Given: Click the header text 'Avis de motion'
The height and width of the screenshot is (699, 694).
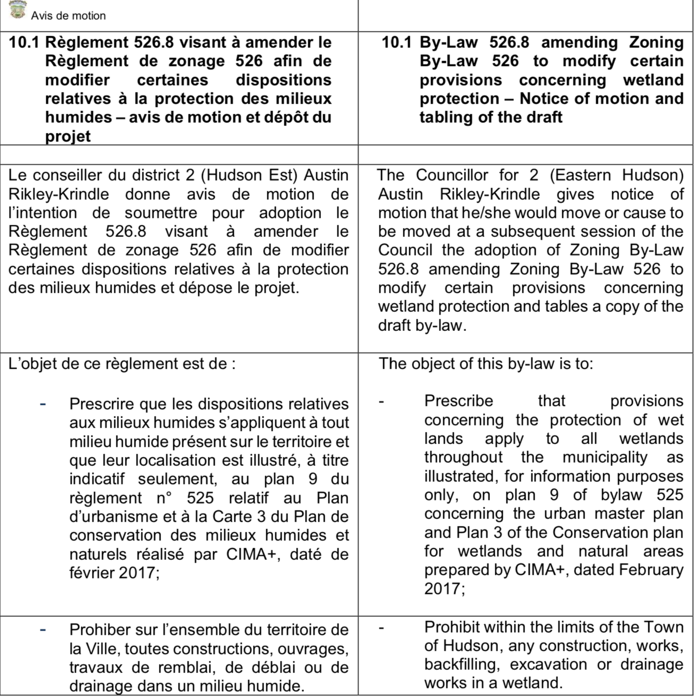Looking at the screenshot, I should pos(68,16).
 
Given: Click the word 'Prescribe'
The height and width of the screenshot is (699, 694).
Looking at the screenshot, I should pos(459,401).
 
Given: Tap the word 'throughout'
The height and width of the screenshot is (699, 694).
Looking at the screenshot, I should pos(463,457).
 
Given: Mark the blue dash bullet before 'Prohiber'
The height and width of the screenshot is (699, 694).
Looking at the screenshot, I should pos(43,629).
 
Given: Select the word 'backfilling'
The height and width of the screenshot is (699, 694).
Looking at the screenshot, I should pos(463,664).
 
